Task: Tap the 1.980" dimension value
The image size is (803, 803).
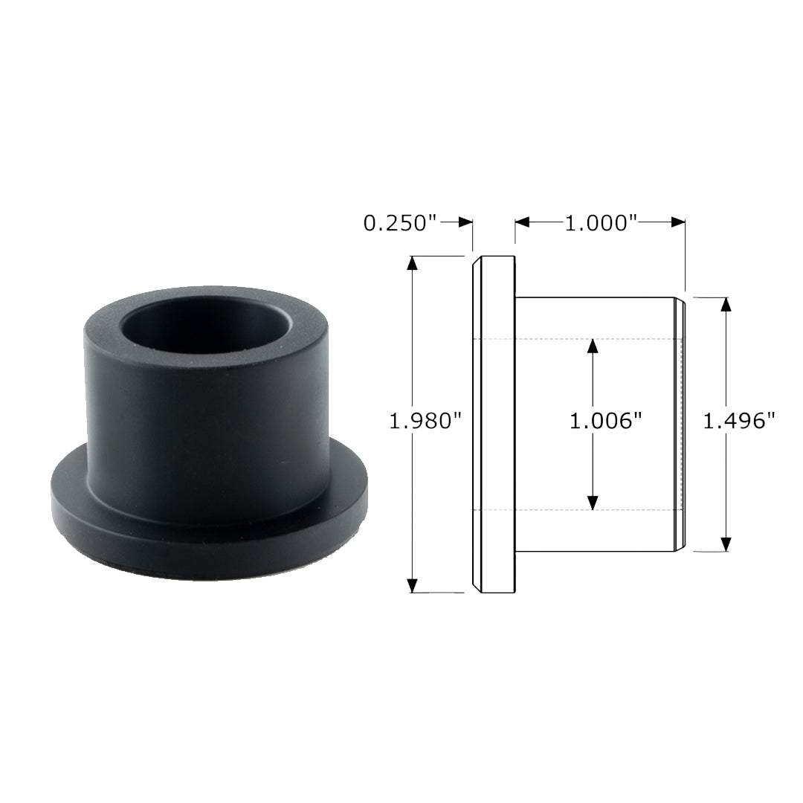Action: (x=426, y=422)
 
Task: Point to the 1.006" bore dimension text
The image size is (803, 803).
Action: (x=605, y=422)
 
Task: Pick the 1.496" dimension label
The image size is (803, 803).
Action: (x=740, y=422)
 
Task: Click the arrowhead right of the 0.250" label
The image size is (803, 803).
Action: (x=465, y=222)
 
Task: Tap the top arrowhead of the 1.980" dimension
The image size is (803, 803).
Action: (x=413, y=264)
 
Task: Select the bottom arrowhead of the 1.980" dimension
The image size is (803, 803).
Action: (x=413, y=585)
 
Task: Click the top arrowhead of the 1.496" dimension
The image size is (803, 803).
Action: (x=726, y=306)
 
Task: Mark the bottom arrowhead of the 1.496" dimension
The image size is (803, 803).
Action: (x=726, y=544)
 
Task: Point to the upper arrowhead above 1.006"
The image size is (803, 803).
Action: (x=593, y=347)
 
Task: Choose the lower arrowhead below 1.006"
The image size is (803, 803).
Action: (x=593, y=502)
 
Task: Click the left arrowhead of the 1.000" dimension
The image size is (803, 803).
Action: (x=523, y=222)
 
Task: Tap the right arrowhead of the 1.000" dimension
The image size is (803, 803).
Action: (x=677, y=222)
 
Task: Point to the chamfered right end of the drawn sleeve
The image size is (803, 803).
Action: (x=680, y=425)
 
